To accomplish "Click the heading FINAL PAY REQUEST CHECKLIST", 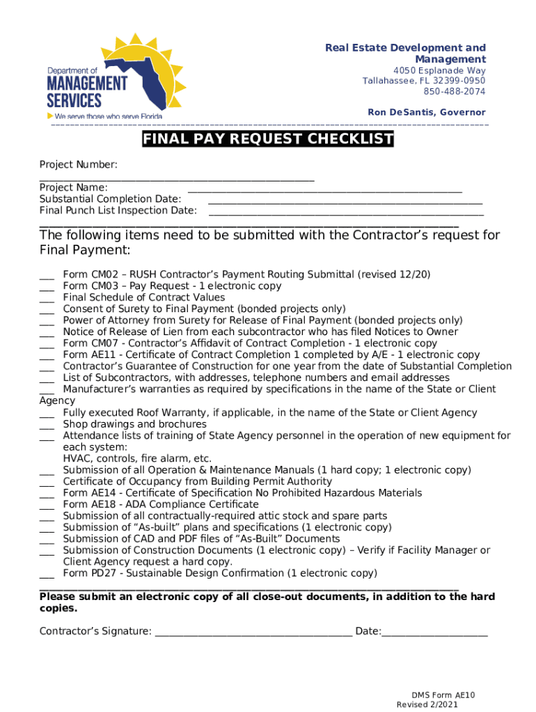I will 268,140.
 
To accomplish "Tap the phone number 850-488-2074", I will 455,92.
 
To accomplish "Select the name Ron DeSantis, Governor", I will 426,113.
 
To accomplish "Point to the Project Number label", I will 79,165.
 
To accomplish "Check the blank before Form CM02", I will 47,275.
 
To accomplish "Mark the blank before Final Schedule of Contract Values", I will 47,298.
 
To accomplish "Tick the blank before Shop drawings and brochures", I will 47,424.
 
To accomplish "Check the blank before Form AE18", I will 47,505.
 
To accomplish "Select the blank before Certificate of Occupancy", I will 47,482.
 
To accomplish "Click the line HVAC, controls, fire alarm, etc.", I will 137,459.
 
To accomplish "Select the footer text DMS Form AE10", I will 443,695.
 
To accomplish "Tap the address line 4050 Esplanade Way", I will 439,71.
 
